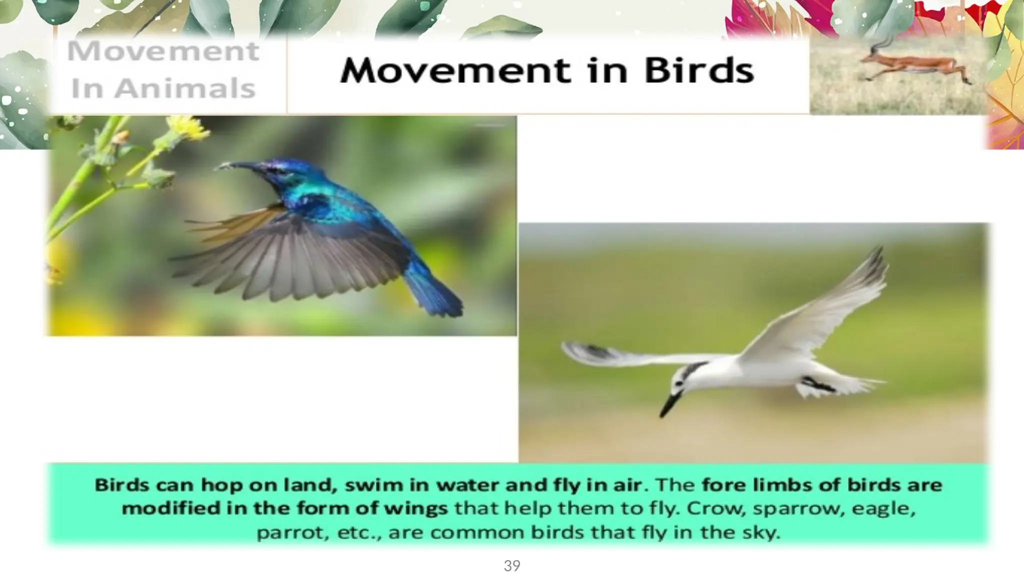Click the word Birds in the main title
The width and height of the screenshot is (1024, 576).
pos(698,70)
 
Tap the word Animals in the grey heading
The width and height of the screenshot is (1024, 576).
pos(184,89)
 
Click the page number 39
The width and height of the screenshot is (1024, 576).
pos(511,566)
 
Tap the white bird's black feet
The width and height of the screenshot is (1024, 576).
pos(817,385)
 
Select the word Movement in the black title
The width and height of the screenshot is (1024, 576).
pos(455,70)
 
